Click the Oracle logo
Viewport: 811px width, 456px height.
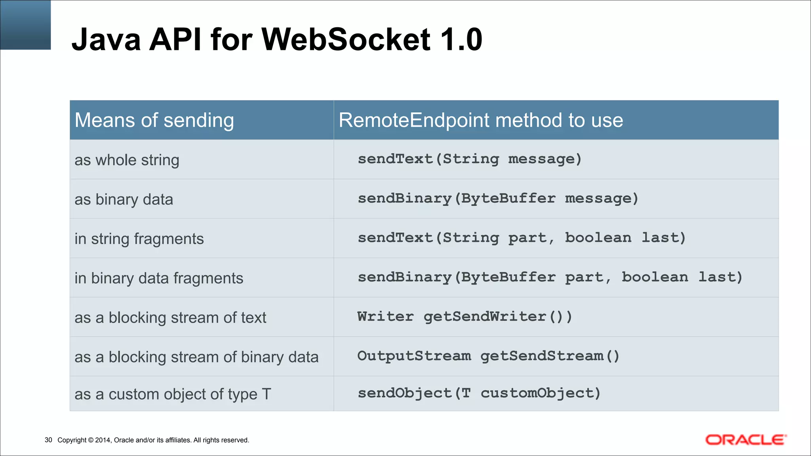point(746,440)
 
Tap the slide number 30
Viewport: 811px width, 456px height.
point(48,440)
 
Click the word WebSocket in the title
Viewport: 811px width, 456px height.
point(346,40)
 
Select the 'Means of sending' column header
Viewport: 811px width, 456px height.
point(154,120)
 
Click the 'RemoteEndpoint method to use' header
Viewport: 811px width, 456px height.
point(481,120)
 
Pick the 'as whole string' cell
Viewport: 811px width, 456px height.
point(127,160)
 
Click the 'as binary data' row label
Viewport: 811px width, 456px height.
point(124,199)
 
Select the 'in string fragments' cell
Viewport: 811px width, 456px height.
point(139,239)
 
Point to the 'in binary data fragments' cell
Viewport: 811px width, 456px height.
point(159,278)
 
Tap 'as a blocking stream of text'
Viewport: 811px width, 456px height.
point(170,318)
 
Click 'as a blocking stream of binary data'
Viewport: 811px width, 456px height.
point(196,357)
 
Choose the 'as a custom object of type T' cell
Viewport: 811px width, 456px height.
point(173,394)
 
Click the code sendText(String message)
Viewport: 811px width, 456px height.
point(470,159)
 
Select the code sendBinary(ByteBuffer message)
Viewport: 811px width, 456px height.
point(498,198)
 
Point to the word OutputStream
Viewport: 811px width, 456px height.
point(414,356)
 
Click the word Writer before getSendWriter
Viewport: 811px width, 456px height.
point(385,317)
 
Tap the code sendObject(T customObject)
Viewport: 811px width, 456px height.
point(479,393)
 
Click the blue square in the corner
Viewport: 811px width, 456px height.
point(25,25)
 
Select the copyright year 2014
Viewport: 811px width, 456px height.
point(103,440)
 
